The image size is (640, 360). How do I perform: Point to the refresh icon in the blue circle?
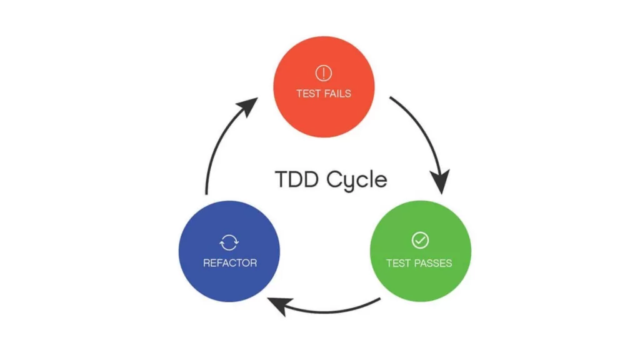pos(229,241)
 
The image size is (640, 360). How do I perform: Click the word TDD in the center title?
pos(297,179)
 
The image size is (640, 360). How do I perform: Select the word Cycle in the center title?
pos(357,180)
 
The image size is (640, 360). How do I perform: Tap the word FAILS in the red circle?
pos(337,94)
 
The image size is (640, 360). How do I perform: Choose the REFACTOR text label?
pos(229,263)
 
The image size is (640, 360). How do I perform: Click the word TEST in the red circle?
pos(309,94)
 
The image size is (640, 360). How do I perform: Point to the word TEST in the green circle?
pos(398,263)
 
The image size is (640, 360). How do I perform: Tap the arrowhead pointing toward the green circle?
pos(441,184)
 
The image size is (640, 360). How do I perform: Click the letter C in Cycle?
pos(334,179)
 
